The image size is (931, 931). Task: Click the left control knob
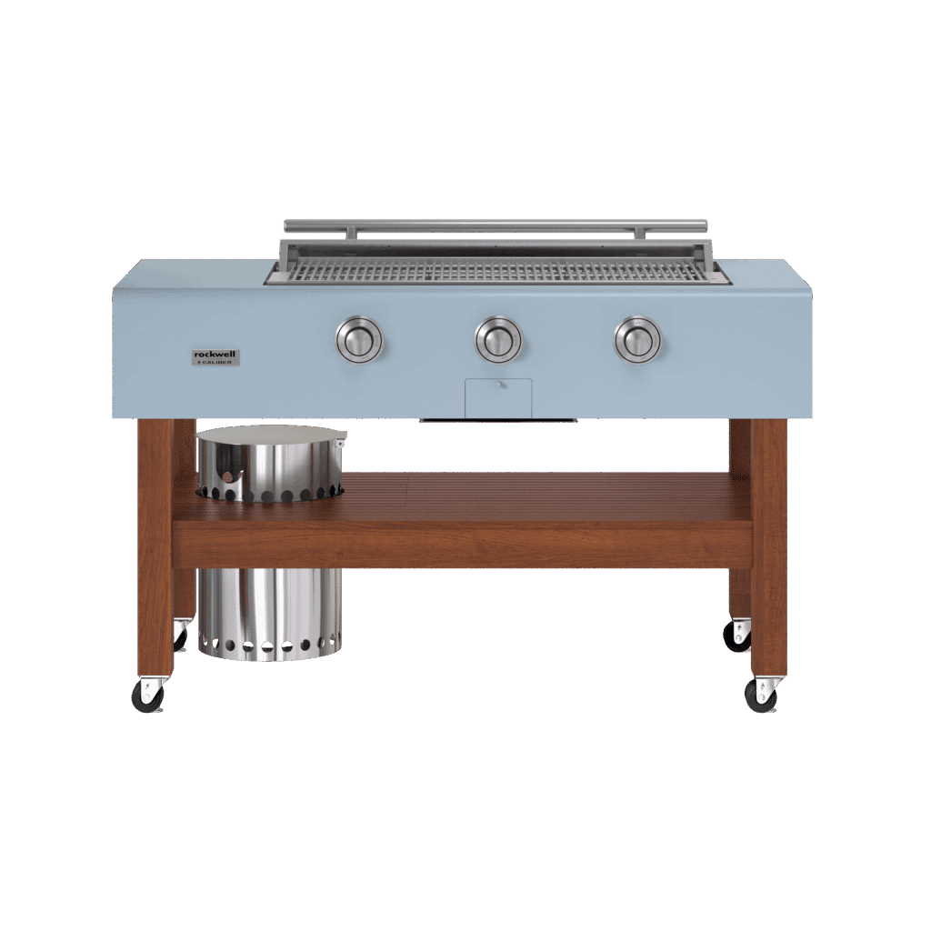[x=360, y=340]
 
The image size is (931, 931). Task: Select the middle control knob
[x=499, y=340]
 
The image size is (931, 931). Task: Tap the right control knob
[x=637, y=340]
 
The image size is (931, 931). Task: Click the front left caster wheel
[x=147, y=696]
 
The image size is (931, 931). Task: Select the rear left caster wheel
[x=179, y=636]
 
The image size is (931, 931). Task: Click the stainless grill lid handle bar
[x=496, y=225]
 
